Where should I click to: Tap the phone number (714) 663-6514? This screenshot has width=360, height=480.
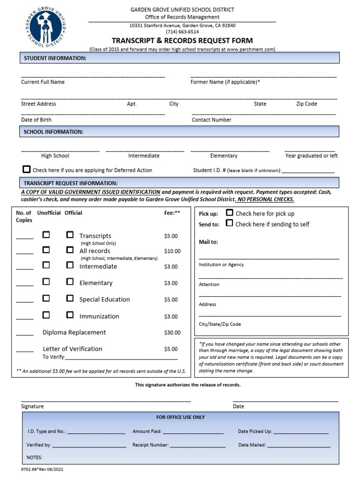pyautogui.click(x=182, y=32)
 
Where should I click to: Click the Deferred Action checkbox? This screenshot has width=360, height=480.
pyautogui.click(x=27, y=170)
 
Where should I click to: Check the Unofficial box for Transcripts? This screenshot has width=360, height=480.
pyautogui.click(x=46, y=235)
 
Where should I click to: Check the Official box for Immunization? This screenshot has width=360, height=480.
pyautogui.click(x=70, y=315)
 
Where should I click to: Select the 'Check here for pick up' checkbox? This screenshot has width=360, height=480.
pyautogui.click(x=230, y=213)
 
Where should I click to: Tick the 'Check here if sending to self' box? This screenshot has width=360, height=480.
pyautogui.click(x=230, y=223)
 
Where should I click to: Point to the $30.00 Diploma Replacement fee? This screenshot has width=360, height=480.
pyautogui.click(x=172, y=333)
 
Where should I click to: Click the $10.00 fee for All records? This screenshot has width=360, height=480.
pyautogui.click(x=172, y=251)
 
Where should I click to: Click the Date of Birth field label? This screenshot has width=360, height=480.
pyautogui.click(x=36, y=120)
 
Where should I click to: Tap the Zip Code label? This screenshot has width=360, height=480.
pyautogui.click(x=307, y=104)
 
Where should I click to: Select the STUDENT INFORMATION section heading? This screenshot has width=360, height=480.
pyautogui.click(x=55, y=58)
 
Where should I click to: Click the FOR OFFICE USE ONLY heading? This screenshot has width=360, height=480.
pyautogui.click(x=180, y=417)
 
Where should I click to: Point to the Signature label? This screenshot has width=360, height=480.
pyautogui.click(x=32, y=406)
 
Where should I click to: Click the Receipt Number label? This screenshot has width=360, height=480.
pyautogui.click(x=150, y=445)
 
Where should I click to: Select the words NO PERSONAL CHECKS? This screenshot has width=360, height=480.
pyautogui.click(x=265, y=199)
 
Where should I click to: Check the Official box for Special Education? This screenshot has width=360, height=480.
pyautogui.click(x=70, y=298)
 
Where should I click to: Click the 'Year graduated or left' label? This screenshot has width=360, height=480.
pyautogui.click(x=311, y=156)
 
